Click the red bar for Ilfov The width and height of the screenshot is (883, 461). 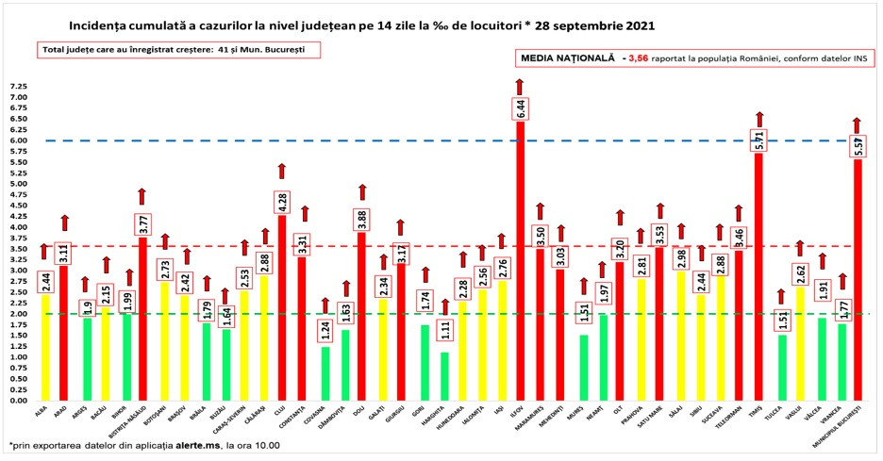[520, 264]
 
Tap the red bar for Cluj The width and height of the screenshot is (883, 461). [280, 311]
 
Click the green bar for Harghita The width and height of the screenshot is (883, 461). [445, 376]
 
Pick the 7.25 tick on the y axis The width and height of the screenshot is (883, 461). [18, 86]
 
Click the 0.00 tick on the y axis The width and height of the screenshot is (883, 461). [18, 401]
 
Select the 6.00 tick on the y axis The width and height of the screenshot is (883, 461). [18, 140]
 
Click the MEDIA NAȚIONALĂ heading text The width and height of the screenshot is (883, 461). [567, 58]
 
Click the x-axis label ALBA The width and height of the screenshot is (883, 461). [42, 412]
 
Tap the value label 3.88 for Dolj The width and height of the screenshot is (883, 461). [360, 219]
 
